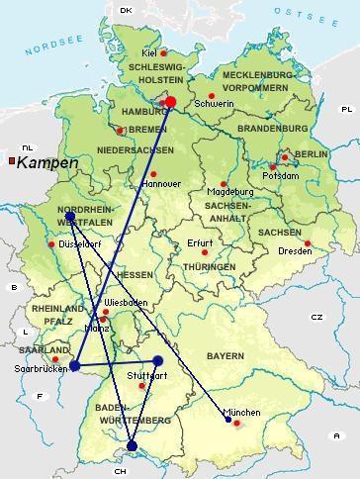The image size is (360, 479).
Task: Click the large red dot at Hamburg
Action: pyautogui.click(x=170, y=101)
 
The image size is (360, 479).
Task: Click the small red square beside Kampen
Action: pyautogui.click(x=11, y=160)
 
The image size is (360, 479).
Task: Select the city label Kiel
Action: pyautogui.click(x=149, y=52)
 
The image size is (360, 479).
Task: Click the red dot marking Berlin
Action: pyautogui.click(x=285, y=156)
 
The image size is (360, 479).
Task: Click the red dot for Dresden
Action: pyautogui.click(x=308, y=243)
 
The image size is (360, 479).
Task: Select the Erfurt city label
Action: pyautogui.click(x=200, y=243)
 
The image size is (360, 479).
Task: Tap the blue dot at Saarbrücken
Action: pyautogui.click(x=74, y=365)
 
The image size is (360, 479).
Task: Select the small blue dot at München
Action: pyautogui.click(x=228, y=420)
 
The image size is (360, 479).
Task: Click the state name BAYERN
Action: pyautogui.click(x=225, y=355)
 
